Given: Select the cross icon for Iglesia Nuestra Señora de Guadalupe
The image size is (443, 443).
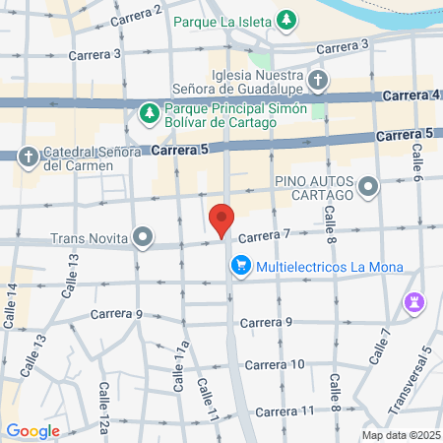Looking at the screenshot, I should coord(317,80).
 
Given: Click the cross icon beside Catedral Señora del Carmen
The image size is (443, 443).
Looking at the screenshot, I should coord(29,156).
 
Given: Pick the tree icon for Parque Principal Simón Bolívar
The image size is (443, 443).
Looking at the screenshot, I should coord(149,113).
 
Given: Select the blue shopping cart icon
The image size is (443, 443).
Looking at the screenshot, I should coord(240,266).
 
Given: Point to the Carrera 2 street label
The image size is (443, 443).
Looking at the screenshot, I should coord(136,16).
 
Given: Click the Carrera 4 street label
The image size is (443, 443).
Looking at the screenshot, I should coord(408,95).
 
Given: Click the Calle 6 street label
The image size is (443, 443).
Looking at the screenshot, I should coord(417,163).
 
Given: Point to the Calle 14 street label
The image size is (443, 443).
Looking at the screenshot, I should coord(11,305).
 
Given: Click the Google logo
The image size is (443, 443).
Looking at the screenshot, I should coord(32,430).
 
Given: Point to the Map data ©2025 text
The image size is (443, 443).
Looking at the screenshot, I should coord(401,435).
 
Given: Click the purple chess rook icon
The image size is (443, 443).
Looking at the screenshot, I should coord(415,301).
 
